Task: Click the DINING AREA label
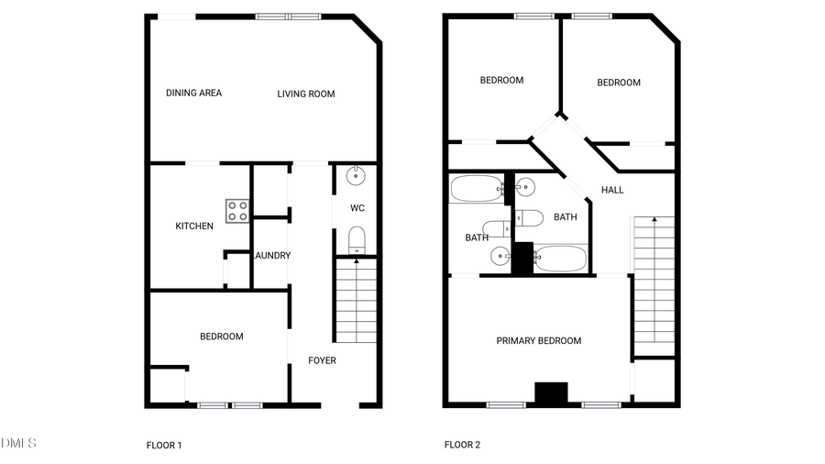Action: coord(193,93)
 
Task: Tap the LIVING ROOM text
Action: coord(306,94)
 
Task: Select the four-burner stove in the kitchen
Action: coord(237,211)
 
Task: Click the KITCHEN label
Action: coord(194,226)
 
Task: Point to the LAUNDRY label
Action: coord(271,256)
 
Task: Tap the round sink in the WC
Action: coord(356,175)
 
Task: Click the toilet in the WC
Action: coord(357,241)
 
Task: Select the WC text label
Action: coord(357,208)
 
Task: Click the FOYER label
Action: coord(322,360)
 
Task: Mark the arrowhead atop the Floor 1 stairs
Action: coord(356,262)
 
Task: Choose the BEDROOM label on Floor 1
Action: coord(222,337)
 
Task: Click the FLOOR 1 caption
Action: coord(164,446)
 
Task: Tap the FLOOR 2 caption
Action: coord(462,446)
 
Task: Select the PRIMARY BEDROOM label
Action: coord(539,341)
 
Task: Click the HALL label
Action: coord(612,190)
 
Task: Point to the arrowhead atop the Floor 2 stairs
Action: coord(654,220)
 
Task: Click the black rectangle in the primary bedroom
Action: coord(551,393)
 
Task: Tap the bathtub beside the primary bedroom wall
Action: coord(559,259)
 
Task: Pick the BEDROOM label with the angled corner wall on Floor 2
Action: coord(619,83)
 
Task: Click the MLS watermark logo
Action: coord(18,444)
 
